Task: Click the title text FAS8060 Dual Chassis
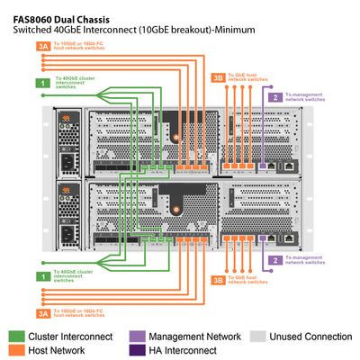point(67,15)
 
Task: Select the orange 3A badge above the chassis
point(42,46)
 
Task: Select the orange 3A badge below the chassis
point(42,313)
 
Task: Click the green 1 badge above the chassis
point(42,83)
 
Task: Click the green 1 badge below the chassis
point(42,275)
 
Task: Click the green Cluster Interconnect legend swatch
point(17,336)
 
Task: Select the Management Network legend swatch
point(137,336)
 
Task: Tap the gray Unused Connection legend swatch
point(257,336)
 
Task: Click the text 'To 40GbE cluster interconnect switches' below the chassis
point(76,275)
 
